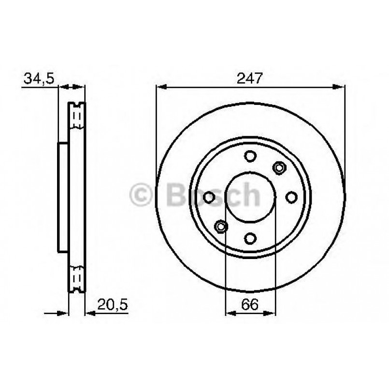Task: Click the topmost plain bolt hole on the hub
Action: pos(250,156)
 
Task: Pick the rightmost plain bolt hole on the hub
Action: pos(291,197)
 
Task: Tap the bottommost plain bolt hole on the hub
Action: pos(250,238)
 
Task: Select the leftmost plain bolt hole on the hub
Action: pos(209,197)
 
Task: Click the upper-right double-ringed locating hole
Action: pos(279,168)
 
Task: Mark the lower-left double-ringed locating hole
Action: pos(221,226)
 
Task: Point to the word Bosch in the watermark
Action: pos(213,195)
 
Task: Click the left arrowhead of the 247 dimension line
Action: pos(161,87)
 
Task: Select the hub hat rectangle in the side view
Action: pos(63,197)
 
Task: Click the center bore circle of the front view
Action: pos(250,197)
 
